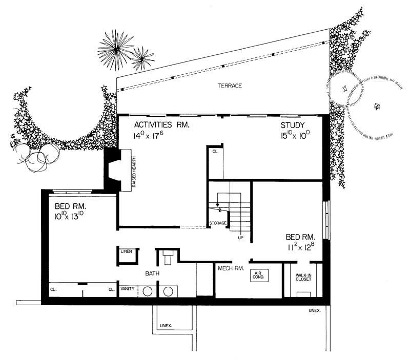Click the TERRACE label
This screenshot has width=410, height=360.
click(229, 86)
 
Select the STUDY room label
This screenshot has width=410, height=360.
click(293, 125)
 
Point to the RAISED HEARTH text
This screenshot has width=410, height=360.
click(133, 170)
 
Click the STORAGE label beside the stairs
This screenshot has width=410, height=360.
click(217, 224)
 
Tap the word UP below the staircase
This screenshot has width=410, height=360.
click(239, 238)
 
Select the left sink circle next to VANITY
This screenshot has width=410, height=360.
click(147, 291)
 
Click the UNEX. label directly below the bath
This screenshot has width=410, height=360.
click(166, 326)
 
